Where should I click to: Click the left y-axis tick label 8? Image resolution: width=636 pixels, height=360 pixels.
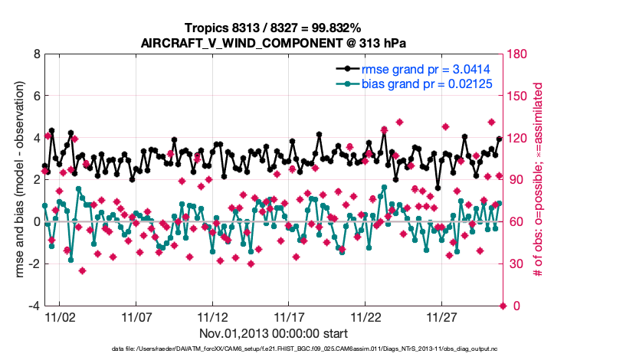[35, 54]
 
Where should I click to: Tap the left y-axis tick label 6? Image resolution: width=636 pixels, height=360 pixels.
[35, 97]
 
